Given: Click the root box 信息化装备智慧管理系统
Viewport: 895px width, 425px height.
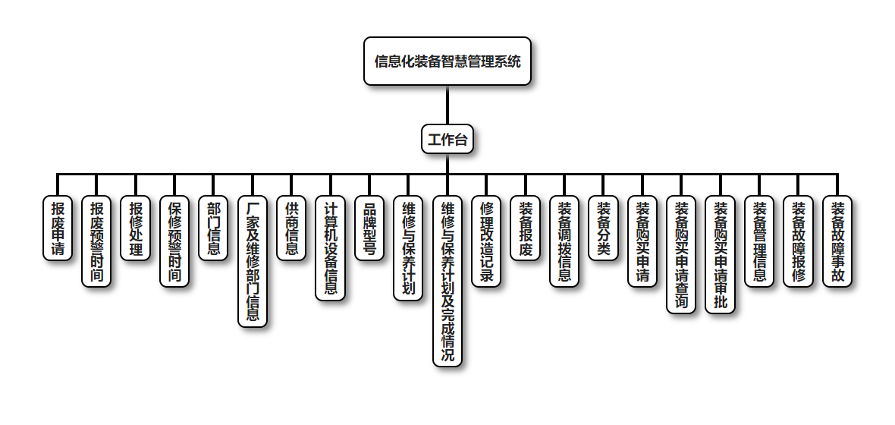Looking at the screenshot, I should (x=447, y=61).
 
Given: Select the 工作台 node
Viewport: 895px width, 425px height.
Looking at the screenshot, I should (x=447, y=139).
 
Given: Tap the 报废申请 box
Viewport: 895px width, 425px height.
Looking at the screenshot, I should (x=58, y=228).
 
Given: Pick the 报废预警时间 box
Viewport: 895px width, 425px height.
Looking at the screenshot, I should (x=96, y=241).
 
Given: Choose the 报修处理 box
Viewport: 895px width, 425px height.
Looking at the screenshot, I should (x=136, y=228).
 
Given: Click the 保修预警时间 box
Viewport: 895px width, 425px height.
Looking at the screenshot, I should (x=174, y=241).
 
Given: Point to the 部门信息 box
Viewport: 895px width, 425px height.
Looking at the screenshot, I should (x=214, y=228).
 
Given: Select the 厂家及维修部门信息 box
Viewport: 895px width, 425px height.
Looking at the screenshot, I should (x=253, y=261).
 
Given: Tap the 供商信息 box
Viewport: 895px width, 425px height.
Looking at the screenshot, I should (x=291, y=228).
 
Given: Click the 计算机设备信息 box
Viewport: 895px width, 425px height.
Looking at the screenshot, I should (x=331, y=248).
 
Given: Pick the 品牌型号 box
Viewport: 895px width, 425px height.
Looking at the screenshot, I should (x=369, y=228).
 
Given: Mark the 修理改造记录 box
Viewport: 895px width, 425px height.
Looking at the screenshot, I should (x=486, y=241).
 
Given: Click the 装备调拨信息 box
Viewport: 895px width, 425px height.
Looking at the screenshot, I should (x=564, y=241).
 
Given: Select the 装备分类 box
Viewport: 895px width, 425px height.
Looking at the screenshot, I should (x=603, y=228).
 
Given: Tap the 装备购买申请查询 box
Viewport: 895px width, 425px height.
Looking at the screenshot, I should (x=681, y=254).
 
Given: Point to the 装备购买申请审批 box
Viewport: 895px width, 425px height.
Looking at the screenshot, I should (x=720, y=254).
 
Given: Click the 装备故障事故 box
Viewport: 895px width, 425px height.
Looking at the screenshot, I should (x=837, y=241).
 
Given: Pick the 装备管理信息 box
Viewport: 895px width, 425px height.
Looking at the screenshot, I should (x=759, y=241).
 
